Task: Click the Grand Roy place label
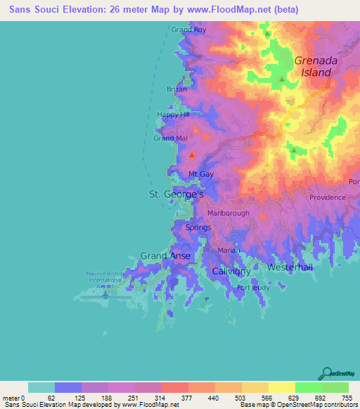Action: [x=188, y=30]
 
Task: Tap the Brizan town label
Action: [x=177, y=90]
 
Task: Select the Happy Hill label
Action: [x=173, y=115]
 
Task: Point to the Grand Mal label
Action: [x=170, y=138]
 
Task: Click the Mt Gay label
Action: [x=201, y=174]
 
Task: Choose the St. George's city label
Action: [x=176, y=193]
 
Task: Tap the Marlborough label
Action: [x=229, y=213]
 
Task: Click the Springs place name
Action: [x=198, y=228]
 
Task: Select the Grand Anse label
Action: [x=165, y=256]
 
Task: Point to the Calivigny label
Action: [x=232, y=271]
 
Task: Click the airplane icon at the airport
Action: [x=105, y=294]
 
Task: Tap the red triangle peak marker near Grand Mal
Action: [x=191, y=155]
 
